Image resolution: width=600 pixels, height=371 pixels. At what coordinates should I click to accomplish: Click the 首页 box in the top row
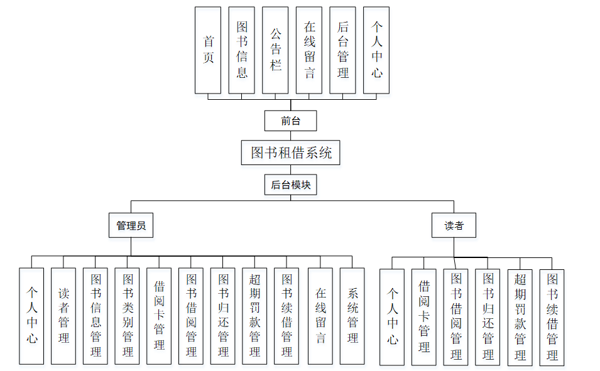208,50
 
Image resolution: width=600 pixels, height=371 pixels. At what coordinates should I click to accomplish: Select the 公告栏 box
275,50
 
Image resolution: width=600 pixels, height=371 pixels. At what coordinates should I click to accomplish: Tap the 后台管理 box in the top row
342,50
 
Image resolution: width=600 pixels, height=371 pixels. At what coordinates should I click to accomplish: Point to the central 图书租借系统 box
290,153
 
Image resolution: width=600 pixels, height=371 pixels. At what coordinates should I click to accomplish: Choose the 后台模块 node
290,185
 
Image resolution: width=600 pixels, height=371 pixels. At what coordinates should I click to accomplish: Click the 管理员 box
131,225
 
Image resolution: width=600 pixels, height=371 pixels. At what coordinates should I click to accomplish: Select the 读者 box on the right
454,225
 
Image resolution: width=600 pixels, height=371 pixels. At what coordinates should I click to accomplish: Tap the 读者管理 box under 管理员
63,316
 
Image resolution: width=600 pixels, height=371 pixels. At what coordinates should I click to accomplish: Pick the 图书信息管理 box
95,316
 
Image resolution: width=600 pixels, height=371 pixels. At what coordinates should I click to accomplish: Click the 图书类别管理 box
128,316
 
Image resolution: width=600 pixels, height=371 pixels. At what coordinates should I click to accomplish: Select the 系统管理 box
352,316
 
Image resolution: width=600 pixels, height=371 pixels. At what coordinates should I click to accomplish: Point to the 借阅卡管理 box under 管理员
160,316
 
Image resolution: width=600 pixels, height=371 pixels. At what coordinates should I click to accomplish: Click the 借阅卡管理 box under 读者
424,318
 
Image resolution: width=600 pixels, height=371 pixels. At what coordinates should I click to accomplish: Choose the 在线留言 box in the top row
309,50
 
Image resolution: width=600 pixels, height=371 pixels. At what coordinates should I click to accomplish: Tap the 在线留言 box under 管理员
320,316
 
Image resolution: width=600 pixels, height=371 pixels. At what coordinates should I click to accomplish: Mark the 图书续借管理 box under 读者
552,318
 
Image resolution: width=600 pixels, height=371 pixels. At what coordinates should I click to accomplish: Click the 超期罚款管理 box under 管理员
255,316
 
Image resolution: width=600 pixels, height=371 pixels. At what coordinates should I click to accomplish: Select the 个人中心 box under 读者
392,318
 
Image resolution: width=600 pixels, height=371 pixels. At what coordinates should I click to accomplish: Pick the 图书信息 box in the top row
242,50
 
